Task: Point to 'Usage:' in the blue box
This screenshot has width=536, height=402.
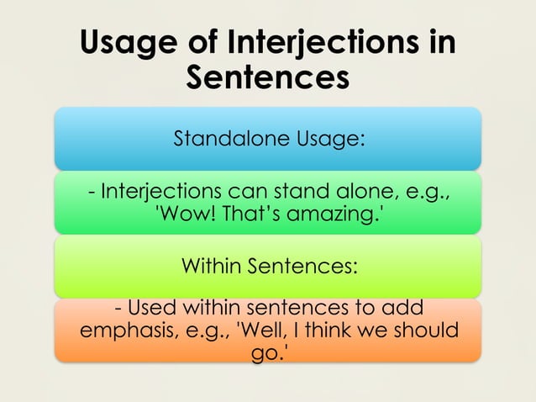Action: click(x=329, y=139)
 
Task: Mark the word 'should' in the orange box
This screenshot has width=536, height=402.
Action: click(x=427, y=329)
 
